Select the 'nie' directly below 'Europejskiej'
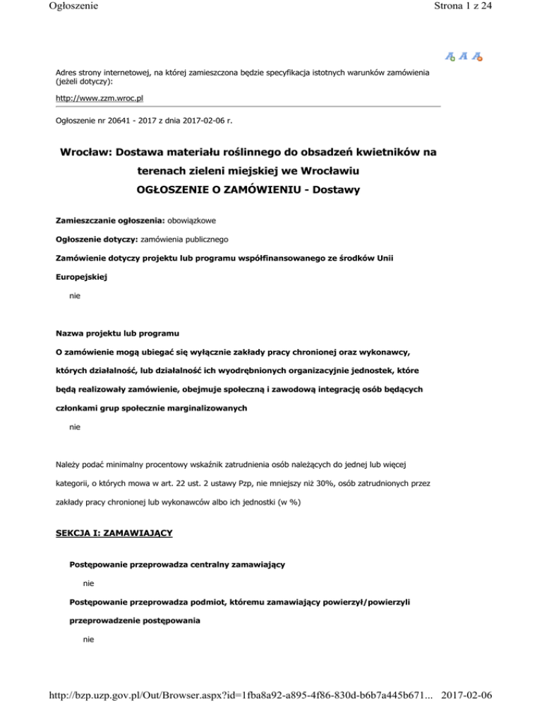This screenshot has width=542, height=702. pyautogui.click(x=75, y=297)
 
